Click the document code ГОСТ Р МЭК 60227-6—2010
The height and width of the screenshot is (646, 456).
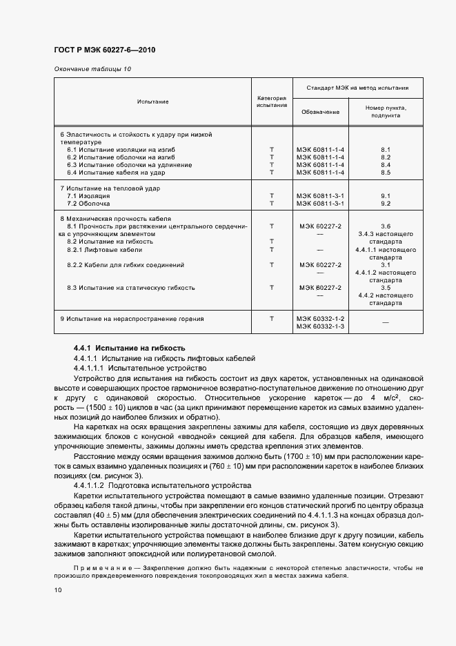[103, 50]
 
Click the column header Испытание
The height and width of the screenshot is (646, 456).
[152, 101]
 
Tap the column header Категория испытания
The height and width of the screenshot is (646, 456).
[271, 101]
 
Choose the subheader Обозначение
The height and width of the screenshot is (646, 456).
[320, 112]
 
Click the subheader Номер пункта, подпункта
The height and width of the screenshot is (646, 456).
[386, 112]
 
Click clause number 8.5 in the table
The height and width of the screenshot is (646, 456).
[386, 173]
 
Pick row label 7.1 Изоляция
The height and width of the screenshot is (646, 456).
[88, 196]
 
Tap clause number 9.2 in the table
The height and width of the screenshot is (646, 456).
[386, 204]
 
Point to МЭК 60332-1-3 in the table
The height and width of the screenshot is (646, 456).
[320, 326]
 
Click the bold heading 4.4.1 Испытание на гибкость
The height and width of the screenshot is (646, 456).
[129, 348]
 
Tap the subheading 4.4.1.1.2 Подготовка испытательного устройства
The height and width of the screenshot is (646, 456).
[161, 487]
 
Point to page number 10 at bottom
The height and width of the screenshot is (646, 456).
[58, 590]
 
